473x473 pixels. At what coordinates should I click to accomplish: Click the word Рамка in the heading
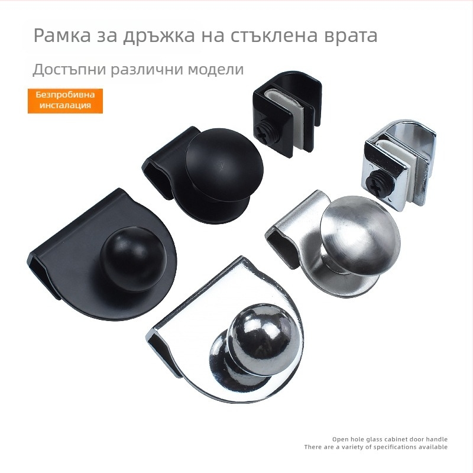tap(62, 35)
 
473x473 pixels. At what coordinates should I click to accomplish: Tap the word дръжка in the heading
tap(158, 36)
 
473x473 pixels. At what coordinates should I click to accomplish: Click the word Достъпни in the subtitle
tap(69, 69)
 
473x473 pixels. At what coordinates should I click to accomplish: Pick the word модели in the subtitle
tap(216, 70)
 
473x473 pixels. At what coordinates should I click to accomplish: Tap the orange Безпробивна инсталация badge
tap(65, 101)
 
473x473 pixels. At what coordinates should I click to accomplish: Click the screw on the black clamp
tap(265, 134)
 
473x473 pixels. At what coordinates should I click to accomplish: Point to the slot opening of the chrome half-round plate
tap(159, 344)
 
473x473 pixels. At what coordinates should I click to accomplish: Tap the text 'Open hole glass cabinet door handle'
tap(390, 439)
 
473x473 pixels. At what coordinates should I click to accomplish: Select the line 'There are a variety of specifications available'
tap(376, 447)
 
